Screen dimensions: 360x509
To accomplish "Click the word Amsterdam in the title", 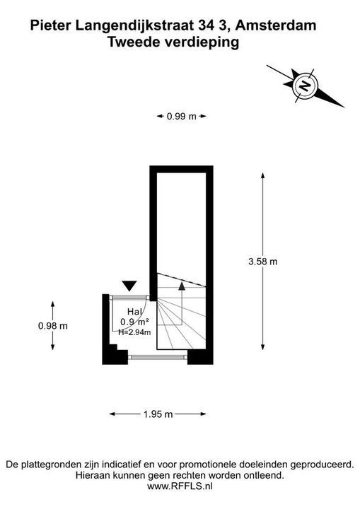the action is click(x=276, y=25).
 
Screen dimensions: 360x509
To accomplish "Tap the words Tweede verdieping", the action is click(x=173, y=42).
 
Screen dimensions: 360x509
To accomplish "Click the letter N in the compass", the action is click(x=305, y=86).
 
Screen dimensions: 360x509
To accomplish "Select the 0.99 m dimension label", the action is click(x=182, y=116).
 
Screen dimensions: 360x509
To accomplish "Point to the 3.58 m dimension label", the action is click(x=263, y=262).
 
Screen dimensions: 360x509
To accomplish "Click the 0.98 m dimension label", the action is click(x=53, y=326).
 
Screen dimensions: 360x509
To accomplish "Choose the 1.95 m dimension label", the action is click(x=158, y=414).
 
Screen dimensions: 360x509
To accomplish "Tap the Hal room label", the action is click(x=135, y=312).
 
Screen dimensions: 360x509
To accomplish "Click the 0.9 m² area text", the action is click(x=134, y=322).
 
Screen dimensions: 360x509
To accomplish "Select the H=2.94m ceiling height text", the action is click(x=134, y=332).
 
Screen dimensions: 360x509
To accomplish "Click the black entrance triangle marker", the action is click(x=130, y=286).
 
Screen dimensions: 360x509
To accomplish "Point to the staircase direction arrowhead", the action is click(x=182, y=286).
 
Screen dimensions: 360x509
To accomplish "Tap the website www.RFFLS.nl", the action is click(x=180, y=486).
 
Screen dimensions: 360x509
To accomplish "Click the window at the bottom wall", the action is click(x=158, y=357).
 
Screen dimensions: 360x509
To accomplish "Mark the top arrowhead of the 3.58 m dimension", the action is click(x=263, y=175).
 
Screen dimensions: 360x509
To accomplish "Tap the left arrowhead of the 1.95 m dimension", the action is click(x=112, y=414).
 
